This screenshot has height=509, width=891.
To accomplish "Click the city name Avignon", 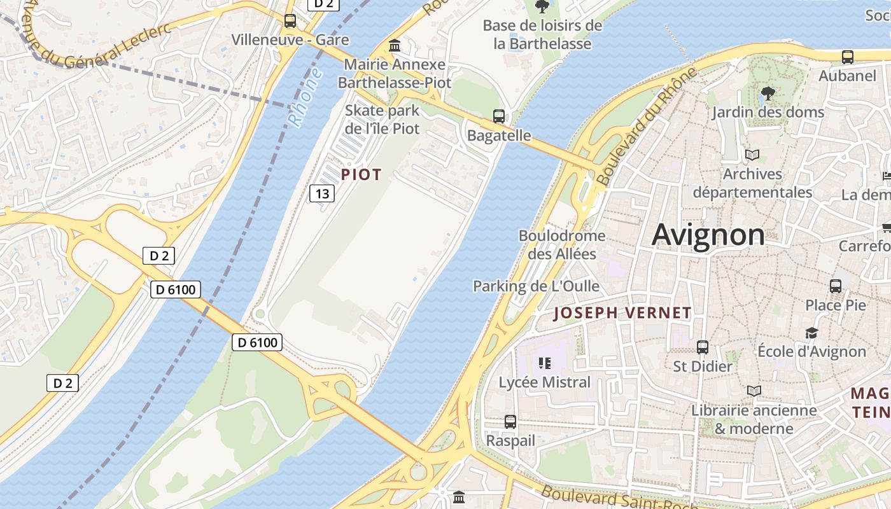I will (x=708, y=235).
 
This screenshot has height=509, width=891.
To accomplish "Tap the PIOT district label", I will (x=361, y=174).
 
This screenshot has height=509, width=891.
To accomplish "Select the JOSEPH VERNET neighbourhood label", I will (x=622, y=312).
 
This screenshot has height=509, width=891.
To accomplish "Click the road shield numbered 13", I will (x=323, y=193).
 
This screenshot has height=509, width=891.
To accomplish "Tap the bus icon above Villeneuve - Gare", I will (x=290, y=21).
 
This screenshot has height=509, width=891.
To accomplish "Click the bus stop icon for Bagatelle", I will (x=499, y=116).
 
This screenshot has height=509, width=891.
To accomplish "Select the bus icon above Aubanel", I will (x=848, y=57).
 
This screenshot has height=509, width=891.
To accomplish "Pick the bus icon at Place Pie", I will (x=836, y=286).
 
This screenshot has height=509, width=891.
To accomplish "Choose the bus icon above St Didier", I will (x=703, y=347).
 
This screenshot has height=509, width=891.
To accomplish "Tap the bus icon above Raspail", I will (x=510, y=421).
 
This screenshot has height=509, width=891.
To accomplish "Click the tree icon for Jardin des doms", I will (x=768, y=94).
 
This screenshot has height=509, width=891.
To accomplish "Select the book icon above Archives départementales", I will (x=752, y=155).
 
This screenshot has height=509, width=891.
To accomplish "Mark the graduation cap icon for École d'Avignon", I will (x=811, y=333).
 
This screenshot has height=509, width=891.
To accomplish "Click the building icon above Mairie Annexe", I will (x=395, y=46).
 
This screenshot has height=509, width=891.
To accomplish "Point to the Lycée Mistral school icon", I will (x=544, y=363).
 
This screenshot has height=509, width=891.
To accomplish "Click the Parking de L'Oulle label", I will (x=536, y=286).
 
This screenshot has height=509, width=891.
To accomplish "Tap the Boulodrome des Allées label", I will (x=562, y=244).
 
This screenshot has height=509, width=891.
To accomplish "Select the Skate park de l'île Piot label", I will (x=382, y=119).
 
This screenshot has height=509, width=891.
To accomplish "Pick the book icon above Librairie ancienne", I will (x=754, y=391).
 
